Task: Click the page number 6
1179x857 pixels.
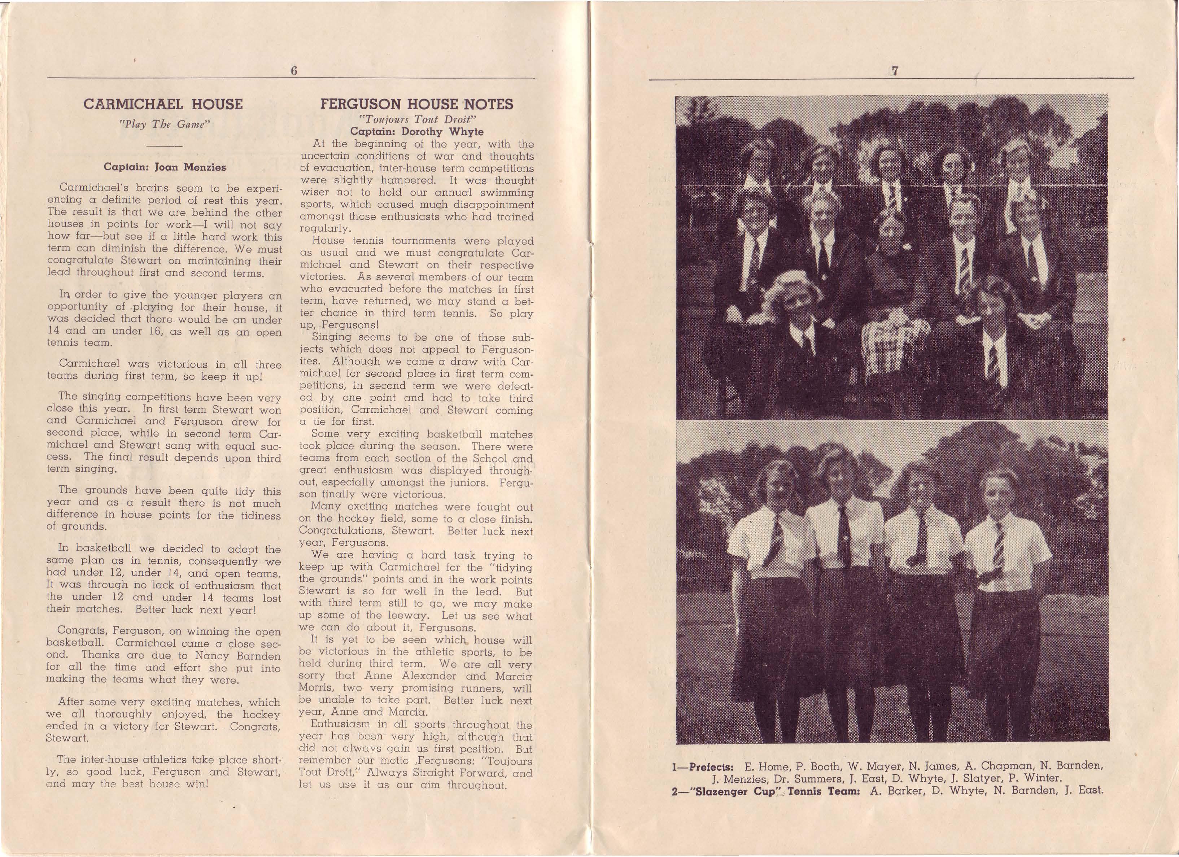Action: coord(294,71)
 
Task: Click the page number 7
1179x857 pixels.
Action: coord(895,72)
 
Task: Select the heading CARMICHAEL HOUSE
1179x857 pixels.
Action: coord(163,104)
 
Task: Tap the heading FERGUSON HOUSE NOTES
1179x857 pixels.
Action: coord(416,104)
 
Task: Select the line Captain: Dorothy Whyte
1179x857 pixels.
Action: coord(416,132)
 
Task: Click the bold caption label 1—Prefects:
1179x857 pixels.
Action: coord(702,766)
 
